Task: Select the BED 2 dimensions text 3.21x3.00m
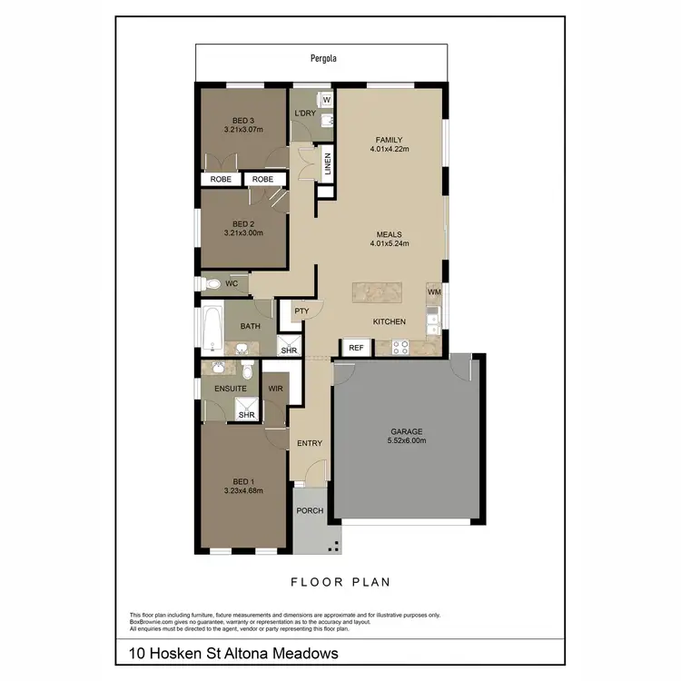(x=242, y=233)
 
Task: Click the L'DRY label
(x=304, y=113)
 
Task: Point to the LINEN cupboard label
(x=328, y=165)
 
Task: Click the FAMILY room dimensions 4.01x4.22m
(x=390, y=150)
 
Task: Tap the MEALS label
(x=390, y=233)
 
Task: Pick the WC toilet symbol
(x=213, y=284)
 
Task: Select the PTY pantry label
(x=301, y=311)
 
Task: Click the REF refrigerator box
(x=356, y=348)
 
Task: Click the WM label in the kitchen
(x=433, y=291)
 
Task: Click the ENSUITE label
(x=231, y=389)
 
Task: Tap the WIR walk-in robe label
(x=275, y=389)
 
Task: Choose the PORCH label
(x=311, y=511)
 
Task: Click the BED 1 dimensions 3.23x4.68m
(x=242, y=491)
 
